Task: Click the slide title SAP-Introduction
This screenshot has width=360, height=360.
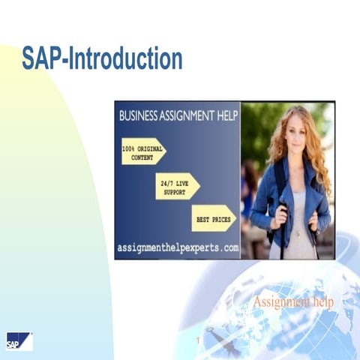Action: point(102,58)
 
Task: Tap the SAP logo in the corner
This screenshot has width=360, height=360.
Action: point(18,341)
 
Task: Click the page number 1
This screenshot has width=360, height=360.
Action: point(196,342)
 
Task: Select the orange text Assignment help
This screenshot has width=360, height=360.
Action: point(293,301)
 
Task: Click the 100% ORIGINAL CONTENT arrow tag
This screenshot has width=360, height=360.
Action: point(142,153)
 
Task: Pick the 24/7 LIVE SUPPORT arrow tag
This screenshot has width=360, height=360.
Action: point(177,186)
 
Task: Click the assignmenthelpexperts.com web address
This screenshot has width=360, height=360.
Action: point(178,247)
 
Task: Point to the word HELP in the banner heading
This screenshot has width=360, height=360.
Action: point(223,116)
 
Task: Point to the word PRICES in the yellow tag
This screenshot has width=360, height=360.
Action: point(220,219)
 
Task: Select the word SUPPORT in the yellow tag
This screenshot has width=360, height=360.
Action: point(174,191)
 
